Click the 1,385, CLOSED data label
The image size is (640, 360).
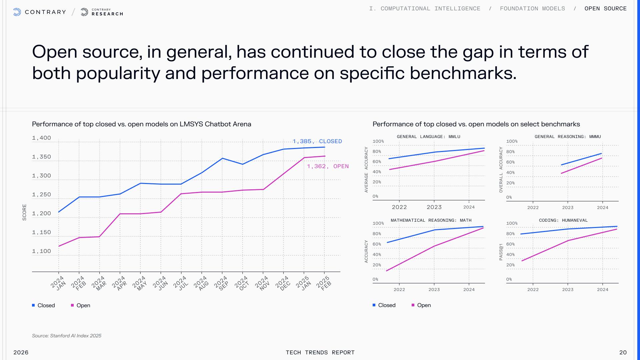point(317,141)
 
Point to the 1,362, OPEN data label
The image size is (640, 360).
point(328,166)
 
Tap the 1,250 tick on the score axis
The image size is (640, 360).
point(42,195)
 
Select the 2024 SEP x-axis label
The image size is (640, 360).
point(222,283)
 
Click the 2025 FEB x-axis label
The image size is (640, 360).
point(324,283)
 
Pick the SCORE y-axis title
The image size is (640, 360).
point(24,212)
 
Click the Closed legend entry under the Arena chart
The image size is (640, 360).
point(43,305)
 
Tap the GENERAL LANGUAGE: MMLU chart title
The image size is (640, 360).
point(428,137)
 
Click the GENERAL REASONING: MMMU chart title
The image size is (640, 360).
point(568,137)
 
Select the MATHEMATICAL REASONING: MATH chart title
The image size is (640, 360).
point(431,220)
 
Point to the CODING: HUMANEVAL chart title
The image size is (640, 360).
point(563,220)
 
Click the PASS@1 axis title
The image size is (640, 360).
point(501,252)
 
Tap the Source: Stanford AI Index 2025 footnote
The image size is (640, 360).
point(67,336)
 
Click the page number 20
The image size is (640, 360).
point(623,352)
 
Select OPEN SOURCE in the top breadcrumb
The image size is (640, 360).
point(605,9)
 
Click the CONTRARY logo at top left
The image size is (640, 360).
point(40,12)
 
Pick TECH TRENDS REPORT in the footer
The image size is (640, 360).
point(320,352)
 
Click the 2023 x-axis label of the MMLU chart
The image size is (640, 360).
point(434,207)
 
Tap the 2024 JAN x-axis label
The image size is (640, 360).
point(58,283)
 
